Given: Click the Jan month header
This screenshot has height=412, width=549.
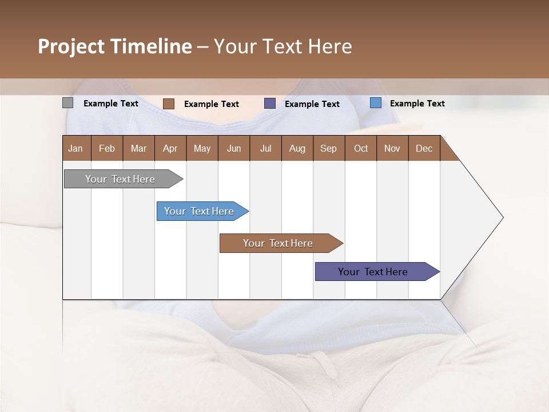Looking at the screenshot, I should (75, 148).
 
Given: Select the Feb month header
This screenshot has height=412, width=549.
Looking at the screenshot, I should (107, 148).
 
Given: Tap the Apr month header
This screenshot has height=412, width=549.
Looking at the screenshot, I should (170, 148).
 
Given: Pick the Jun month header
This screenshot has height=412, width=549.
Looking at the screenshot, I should (234, 148).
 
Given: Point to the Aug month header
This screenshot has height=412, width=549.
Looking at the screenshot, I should (297, 148).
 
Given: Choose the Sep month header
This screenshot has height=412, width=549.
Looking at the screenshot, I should (328, 148).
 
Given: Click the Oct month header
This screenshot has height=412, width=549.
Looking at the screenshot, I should (361, 148).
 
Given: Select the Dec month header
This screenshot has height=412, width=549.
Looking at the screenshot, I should (424, 148).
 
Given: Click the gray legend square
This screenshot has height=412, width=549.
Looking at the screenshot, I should (67, 103).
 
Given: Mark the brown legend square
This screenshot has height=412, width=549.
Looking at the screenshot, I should (168, 104).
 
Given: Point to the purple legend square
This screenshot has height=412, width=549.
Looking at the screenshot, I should (270, 104).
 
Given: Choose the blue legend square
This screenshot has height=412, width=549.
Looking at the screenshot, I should (376, 103).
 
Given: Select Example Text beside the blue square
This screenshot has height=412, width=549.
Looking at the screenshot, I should (417, 104).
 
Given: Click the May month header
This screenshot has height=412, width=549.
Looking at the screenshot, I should (202, 148).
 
